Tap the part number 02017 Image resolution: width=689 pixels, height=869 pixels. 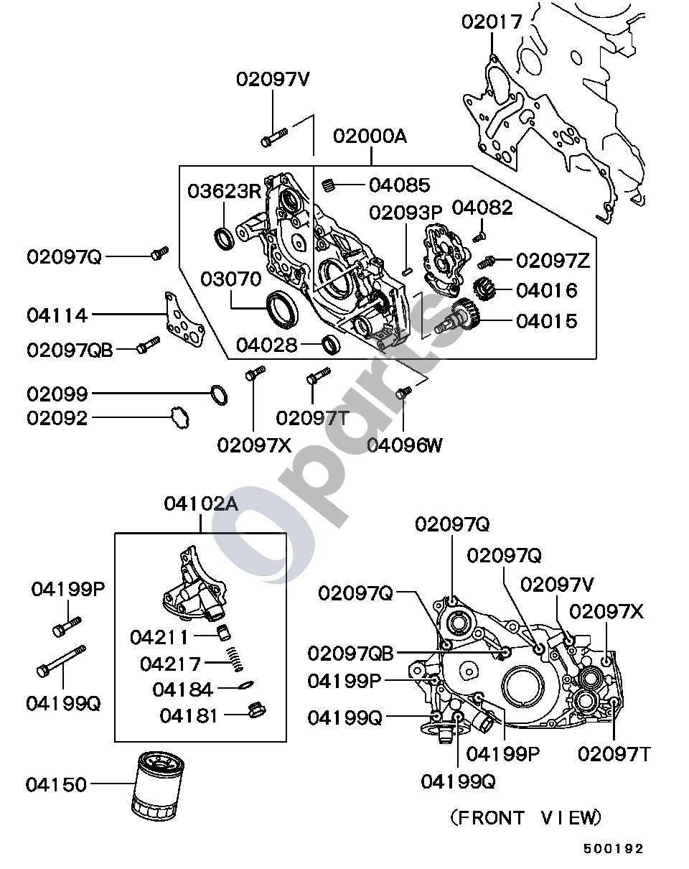click(492, 22)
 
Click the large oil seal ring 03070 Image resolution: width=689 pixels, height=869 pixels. click(283, 309)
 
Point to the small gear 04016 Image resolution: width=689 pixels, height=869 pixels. click(484, 289)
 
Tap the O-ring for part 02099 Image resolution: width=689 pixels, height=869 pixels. click(219, 395)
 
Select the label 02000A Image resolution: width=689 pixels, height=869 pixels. click(370, 136)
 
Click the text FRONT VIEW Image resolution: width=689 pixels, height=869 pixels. click(526, 817)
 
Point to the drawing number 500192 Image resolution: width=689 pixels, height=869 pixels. click(613, 848)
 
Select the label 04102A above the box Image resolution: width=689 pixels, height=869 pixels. click(201, 503)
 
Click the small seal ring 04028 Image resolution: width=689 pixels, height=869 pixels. click(331, 345)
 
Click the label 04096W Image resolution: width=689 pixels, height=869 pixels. click(405, 445)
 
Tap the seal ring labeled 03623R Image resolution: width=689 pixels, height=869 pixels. click(224, 238)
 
